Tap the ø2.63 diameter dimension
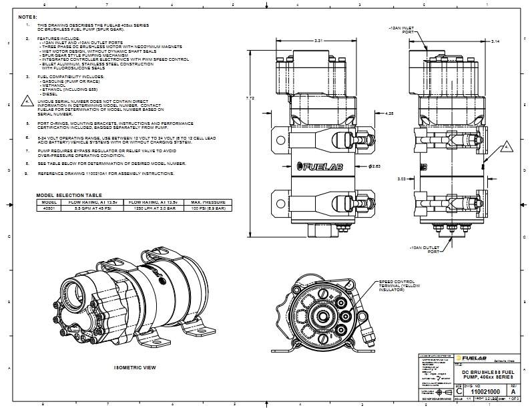coord(374,165)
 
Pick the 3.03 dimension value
coord(401,179)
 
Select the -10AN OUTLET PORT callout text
coord(421,249)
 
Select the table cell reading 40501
coord(48,208)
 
